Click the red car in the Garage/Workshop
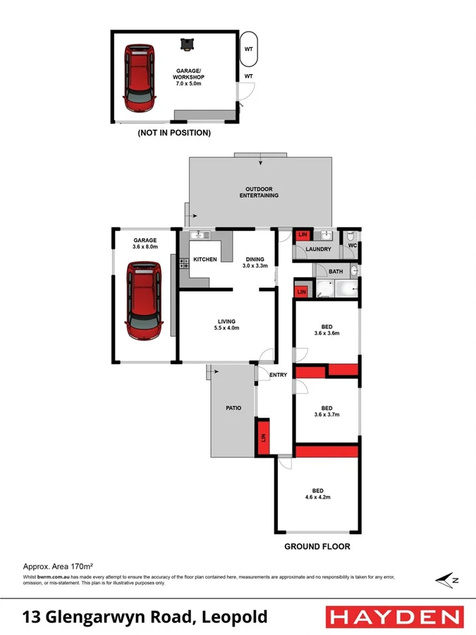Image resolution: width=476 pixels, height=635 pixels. [x=140, y=78]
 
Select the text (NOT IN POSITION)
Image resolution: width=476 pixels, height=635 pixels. [x=174, y=132]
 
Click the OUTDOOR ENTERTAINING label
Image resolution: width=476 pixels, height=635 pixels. [x=259, y=193]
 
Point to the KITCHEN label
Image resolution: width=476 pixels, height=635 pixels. [x=205, y=260]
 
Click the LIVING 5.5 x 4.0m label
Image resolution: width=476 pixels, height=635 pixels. [x=226, y=325]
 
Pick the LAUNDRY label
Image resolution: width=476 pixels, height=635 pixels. [x=319, y=249]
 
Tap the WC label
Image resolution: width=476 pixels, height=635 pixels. [x=351, y=246]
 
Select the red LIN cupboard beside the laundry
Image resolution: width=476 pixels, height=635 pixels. [x=303, y=235]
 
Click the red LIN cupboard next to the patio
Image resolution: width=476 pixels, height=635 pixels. [x=264, y=437]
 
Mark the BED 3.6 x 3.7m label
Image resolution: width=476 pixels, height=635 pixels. [x=327, y=411]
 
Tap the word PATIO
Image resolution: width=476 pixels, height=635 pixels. [x=234, y=408]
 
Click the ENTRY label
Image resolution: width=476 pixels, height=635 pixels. [x=277, y=375]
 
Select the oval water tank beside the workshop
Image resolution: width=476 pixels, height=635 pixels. [x=249, y=49]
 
